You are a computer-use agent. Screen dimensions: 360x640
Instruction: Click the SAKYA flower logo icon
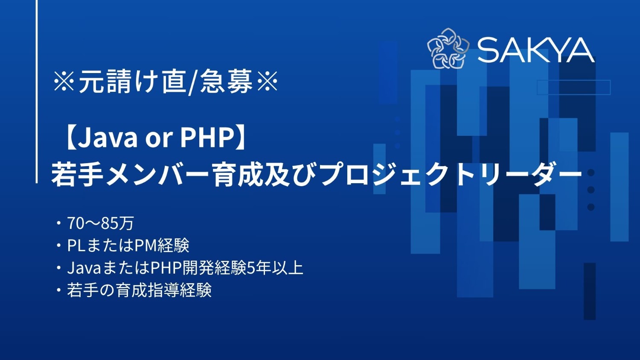pos(448,49)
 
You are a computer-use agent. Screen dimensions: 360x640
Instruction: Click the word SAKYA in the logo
pos(535,50)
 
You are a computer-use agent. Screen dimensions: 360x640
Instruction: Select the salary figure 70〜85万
pos(101,223)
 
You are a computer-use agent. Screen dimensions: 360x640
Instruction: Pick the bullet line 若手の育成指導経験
pos(139,290)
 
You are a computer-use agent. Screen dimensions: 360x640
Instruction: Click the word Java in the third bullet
pos(84,268)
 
